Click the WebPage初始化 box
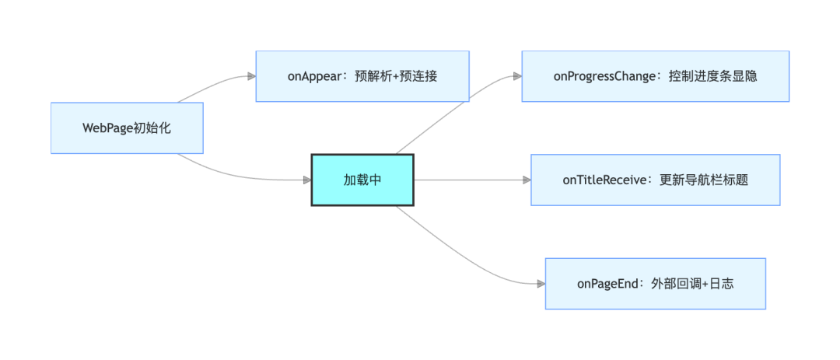point(127,128)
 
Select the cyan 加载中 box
point(362,180)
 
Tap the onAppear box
point(362,76)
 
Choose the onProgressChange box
point(656,76)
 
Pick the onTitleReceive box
point(656,180)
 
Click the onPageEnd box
point(656,283)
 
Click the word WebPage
point(107,128)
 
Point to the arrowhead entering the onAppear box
point(251,77)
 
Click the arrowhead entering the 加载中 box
point(307,180)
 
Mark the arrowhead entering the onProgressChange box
point(517,77)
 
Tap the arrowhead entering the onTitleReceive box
point(527,180)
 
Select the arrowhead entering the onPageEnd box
point(541,283)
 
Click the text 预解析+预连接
point(397,77)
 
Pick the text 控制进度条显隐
point(713,77)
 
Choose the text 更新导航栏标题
point(703,180)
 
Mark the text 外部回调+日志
point(692,284)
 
